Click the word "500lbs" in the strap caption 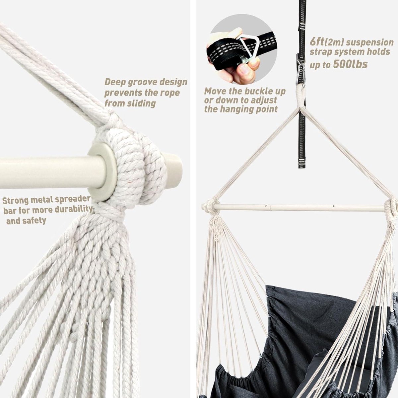click(x=350, y=64)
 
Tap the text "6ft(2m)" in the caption click(x=326, y=42)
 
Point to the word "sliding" click(x=141, y=103)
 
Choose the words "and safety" click(x=26, y=221)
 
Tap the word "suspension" click(x=370, y=42)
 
